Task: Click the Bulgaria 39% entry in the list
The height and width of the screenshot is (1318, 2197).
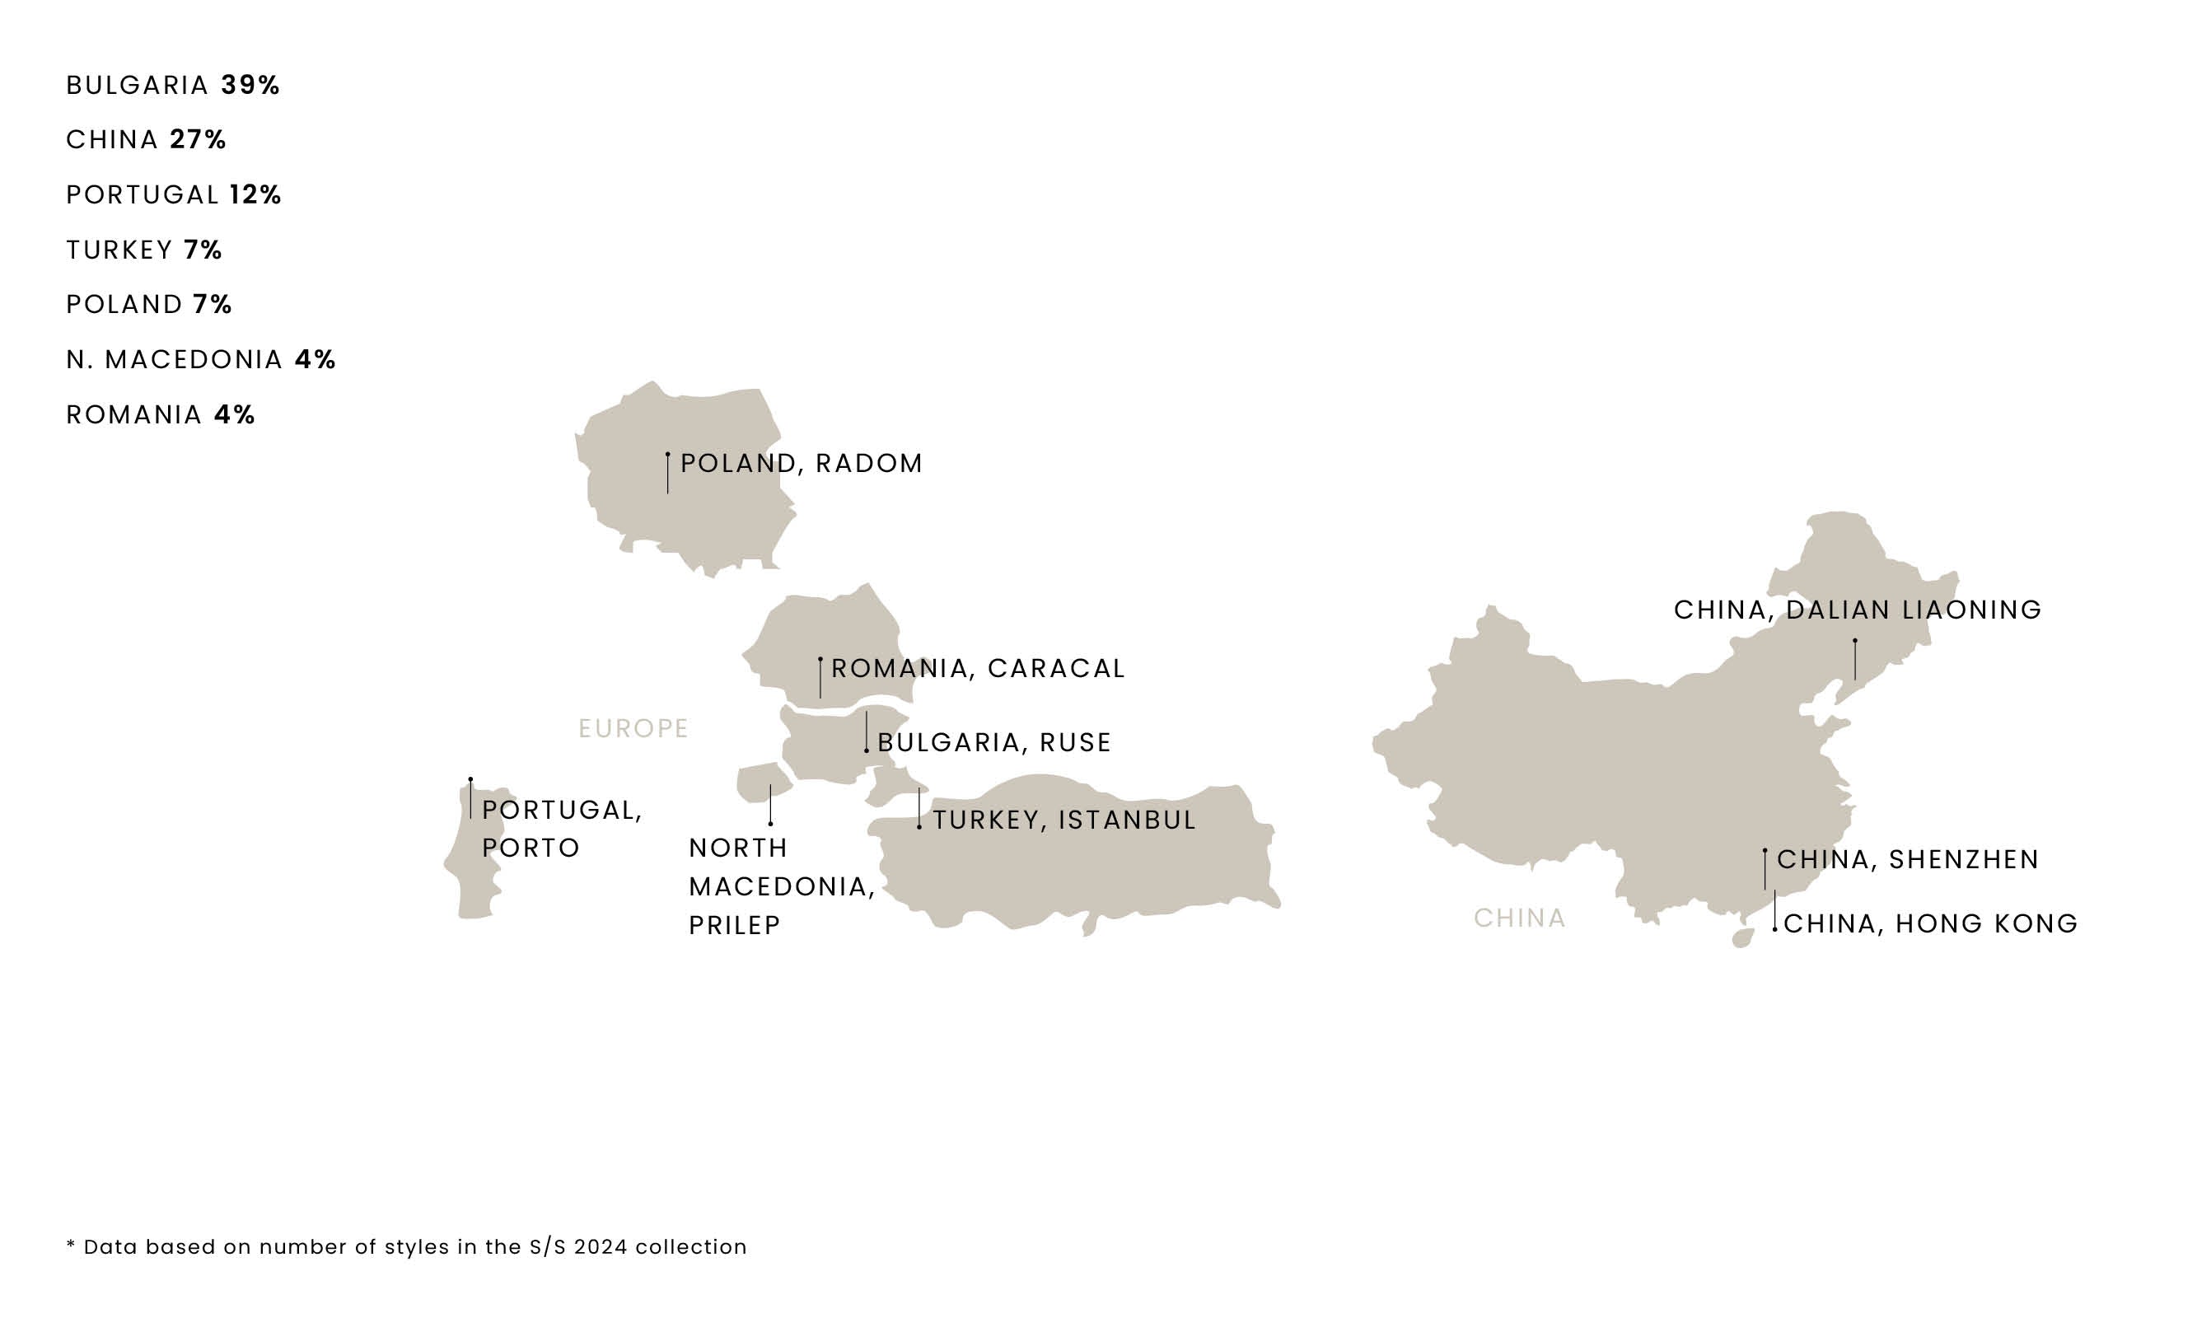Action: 173,86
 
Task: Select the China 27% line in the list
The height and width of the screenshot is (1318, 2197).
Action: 147,139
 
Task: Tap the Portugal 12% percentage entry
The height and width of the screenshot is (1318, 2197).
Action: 174,194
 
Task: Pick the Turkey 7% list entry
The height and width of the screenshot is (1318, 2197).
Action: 144,250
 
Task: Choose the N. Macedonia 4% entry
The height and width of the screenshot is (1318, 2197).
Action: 201,360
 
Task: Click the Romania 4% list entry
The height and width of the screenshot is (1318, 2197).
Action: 161,415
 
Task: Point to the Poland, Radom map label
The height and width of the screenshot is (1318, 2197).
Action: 801,464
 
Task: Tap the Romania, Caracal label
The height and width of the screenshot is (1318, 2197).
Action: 978,669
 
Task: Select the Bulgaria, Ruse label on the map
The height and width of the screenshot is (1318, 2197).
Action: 993,742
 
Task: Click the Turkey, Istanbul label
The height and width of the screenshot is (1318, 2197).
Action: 1063,820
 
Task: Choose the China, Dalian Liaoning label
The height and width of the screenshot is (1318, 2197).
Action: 1858,610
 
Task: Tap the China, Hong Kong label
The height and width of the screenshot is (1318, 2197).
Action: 1931,923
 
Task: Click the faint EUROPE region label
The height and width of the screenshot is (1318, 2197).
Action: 633,728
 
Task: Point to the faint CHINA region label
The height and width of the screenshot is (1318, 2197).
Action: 1519,918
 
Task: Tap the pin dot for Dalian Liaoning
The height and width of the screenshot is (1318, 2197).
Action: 1855,640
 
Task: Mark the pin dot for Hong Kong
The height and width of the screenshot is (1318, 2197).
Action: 1774,929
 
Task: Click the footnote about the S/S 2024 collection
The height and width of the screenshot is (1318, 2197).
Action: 407,1247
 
